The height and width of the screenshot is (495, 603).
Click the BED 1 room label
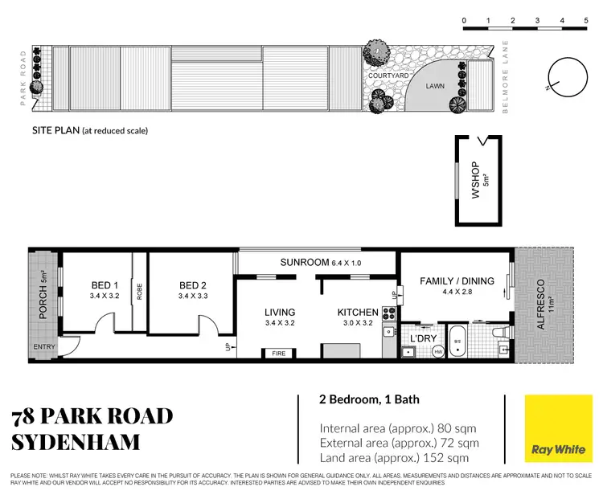[104, 285]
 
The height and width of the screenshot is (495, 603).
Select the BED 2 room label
[193, 285]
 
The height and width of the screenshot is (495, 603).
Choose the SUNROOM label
[305, 263]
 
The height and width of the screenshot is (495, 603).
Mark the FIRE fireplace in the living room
[279, 353]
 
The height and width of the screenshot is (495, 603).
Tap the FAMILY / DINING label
[457, 280]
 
